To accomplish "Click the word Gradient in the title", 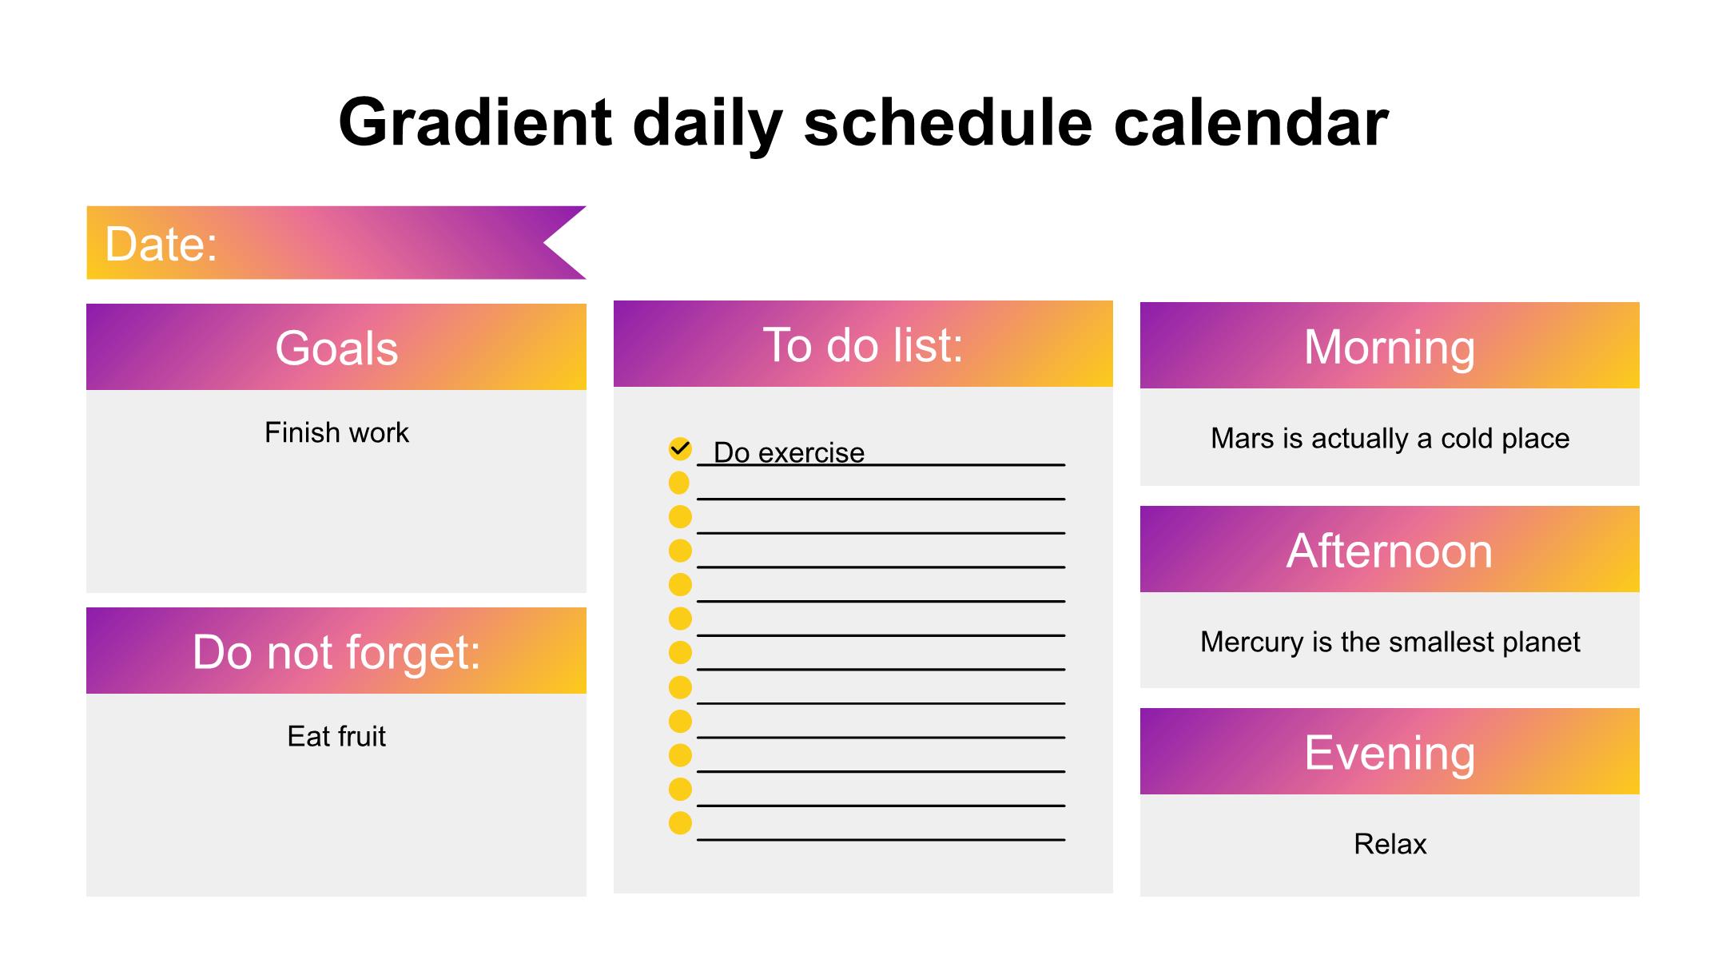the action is [475, 122].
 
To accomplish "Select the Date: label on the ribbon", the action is [161, 244].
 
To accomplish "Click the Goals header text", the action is [336, 348].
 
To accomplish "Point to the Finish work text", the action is [336, 432].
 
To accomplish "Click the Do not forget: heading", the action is [336, 651].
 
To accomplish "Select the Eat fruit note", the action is [336, 736].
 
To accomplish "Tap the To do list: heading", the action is [863, 344].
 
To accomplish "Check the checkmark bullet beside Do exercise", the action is [680, 449].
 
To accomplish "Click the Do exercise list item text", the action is [789, 452].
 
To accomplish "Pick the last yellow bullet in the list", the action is [680, 823].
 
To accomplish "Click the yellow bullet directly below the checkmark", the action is [679, 483].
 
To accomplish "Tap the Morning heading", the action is [1390, 347].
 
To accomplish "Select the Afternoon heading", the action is [1390, 551].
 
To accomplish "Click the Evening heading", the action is [1390, 753].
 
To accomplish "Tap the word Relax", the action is [1390, 844].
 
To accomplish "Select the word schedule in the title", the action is [948, 122].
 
